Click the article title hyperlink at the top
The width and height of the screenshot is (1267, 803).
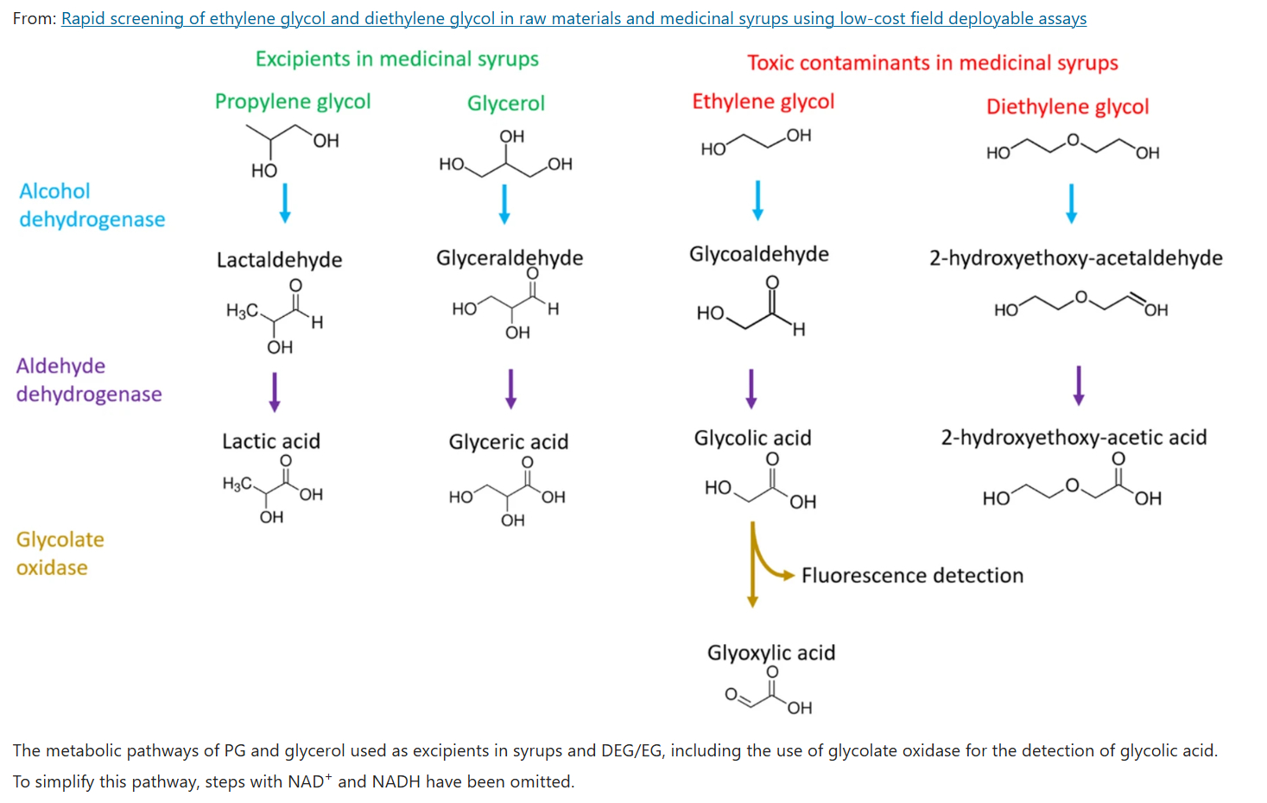click(573, 18)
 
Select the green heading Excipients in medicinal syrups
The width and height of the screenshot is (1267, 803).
click(396, 59)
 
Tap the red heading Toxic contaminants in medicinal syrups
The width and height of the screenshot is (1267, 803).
click(932, 63)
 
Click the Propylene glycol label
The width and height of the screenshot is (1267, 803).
click(293, 101)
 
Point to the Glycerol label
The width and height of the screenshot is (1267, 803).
click(506, 104)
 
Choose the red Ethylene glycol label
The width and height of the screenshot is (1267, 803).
click(763, 101)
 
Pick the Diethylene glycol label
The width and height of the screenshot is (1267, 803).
click(1067, 106)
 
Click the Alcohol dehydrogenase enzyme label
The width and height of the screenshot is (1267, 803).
click(92, 205)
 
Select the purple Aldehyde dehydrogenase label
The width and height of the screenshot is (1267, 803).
click(89, 380)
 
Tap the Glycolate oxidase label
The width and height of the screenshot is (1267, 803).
click(60, 553)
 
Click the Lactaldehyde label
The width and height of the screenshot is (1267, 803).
click(279, 260)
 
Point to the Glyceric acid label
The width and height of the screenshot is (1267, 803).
click(508, 442)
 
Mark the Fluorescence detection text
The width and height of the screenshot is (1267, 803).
click(912, 576)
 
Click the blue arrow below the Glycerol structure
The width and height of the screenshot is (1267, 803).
click(505, 205)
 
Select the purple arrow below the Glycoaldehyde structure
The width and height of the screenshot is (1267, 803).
click(751, 389)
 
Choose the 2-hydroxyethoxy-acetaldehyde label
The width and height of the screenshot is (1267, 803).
click(1075, 258)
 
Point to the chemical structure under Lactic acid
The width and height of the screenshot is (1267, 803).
click(273, 489)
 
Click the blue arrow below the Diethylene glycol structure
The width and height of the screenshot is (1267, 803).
click(1071, 204)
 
